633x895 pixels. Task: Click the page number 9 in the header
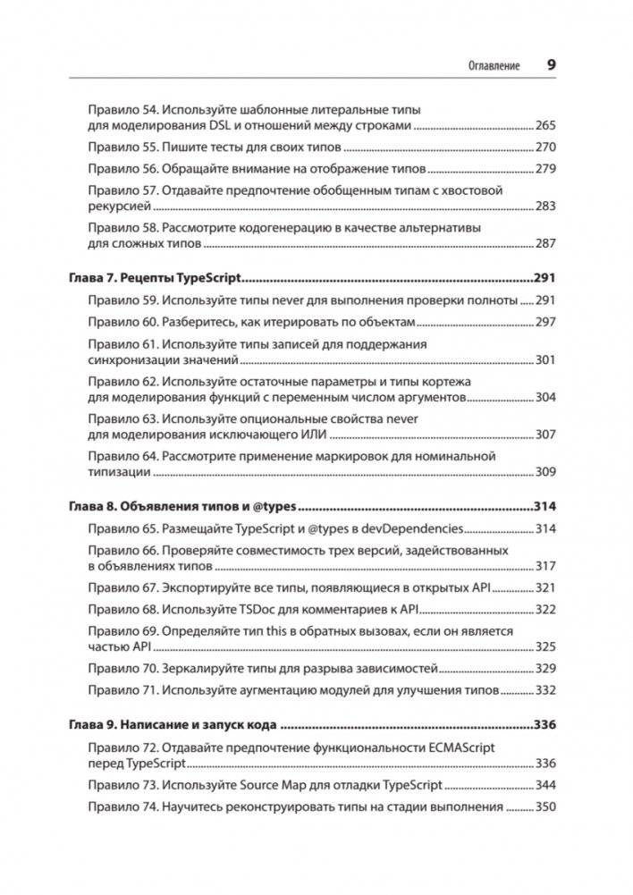click(x=551, y=65)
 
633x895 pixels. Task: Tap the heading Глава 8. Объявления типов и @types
click(x=182, y=505)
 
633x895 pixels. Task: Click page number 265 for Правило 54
click(x=544, y=126)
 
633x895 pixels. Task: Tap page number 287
click(x=544, y=244)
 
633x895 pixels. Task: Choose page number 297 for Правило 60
click(x=544, y=322)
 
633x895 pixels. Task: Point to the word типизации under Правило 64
click(x=117, y=472)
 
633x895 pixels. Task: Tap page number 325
click(x=544, y=646)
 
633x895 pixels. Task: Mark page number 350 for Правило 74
click(x=544, y=806)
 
